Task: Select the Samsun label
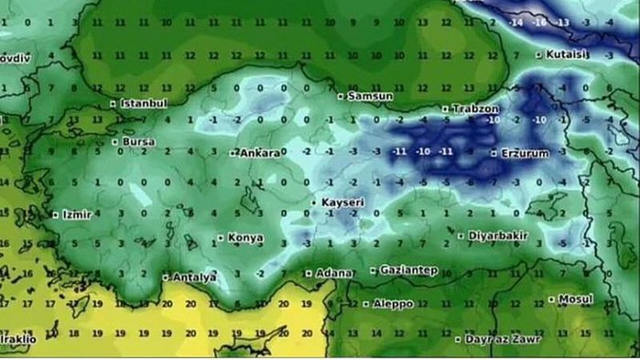pos(370,95)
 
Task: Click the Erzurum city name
pos(525,153)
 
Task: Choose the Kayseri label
pos(342,202)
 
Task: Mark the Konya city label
pos(246,238)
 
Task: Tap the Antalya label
pos(195,278)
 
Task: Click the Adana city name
pos(334,274)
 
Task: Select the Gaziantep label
pos(408,270)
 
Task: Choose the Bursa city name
pos(139,142)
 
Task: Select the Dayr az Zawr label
pos(502,339)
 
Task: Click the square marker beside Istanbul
pos(114,103)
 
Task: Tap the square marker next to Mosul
pos(552,300)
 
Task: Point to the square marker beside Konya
pos(220,238)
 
